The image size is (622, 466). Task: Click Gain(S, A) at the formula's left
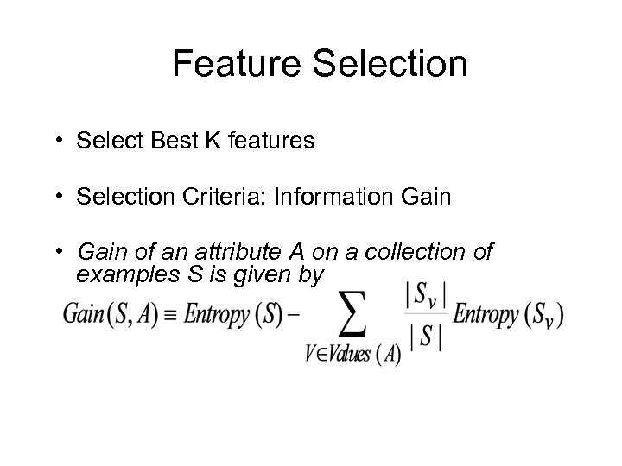tap(105, 315)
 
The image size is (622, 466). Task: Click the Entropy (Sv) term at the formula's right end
tap(509, 316)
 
